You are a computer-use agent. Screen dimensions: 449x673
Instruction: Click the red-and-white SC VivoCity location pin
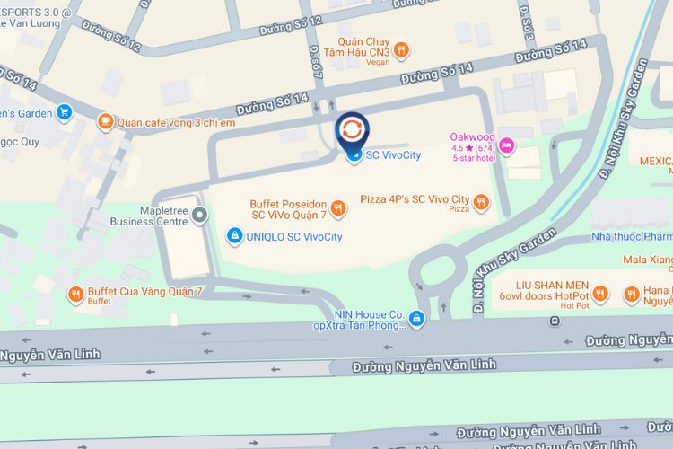pyautogui.click(x=351, y=129)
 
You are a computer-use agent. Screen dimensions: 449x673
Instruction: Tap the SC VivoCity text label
pyautogui.click(x=394, y=156)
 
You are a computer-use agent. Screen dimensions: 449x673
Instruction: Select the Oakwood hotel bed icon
pyautogui.click(x=507, y=144)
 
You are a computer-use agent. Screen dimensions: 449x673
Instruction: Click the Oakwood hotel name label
pyautogui.click(x=472, y=136)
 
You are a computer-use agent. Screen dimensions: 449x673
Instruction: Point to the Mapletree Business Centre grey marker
pyautogui.click(x=200, y=214)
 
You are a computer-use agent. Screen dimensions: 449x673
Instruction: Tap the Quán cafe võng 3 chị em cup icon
pyautogui.click(x=106, y=121)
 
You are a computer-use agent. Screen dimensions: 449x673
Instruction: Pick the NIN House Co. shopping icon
pyautogui.click(x=416, y=318)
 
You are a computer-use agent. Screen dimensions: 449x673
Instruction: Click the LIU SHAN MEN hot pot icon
pyautogui.click(x=600, y=294)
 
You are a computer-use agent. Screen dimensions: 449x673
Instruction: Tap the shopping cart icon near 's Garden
pyautogui.click(x=64, y=112)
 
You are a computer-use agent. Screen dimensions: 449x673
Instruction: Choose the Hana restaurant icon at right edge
pyautogui.click(x=632, y=294)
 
